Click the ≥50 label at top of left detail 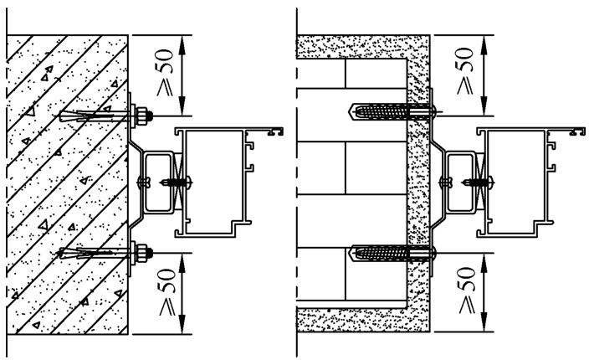pyautogui.click(x=166, y=72)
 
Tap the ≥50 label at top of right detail pyautogui.click(x=465, y=70)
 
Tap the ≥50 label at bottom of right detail pyautogui.click(x=467, y=291)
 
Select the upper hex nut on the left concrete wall pyautogui.click(x=142, y=116)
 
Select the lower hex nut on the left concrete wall pyautogui.click(x=142, y=253)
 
